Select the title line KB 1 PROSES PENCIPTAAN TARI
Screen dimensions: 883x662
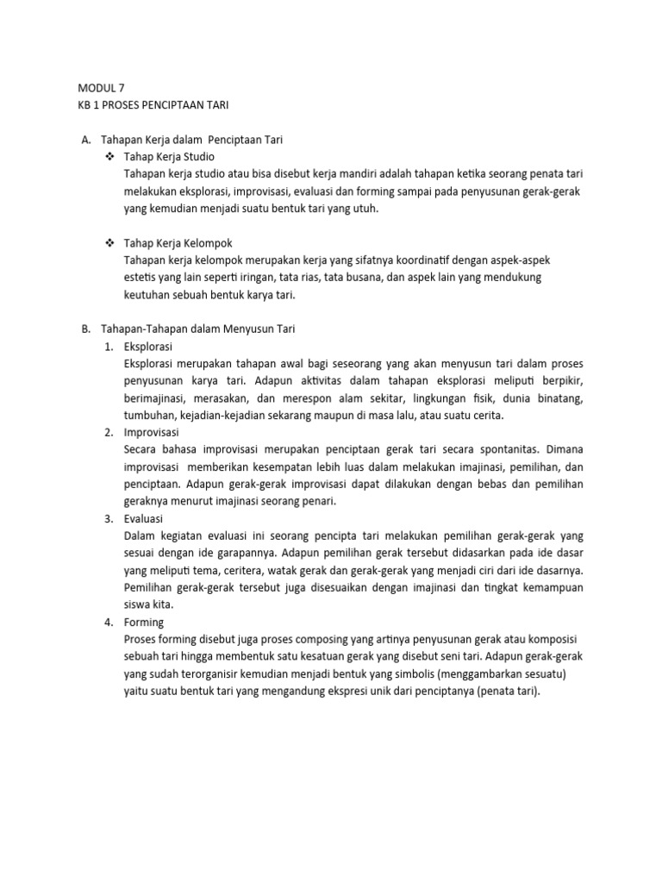click(x=153, y=104)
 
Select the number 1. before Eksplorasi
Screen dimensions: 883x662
click(x=109, y=346)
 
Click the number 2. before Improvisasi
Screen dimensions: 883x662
click(x=109, y=432)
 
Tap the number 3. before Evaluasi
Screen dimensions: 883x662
click(x=109, y=518)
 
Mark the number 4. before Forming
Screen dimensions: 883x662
click(x=109, y=622)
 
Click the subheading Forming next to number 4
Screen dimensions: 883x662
click(x=144, y=622)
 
